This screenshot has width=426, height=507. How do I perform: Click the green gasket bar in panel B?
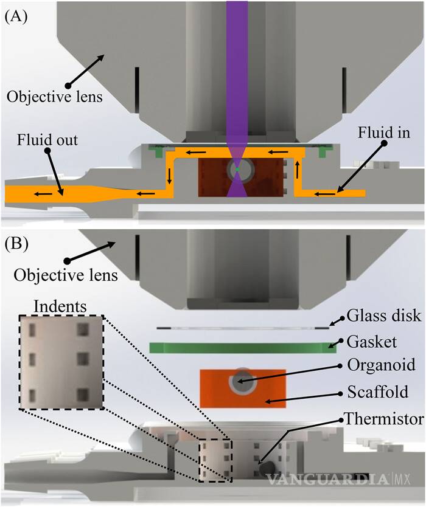[237, 347]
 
